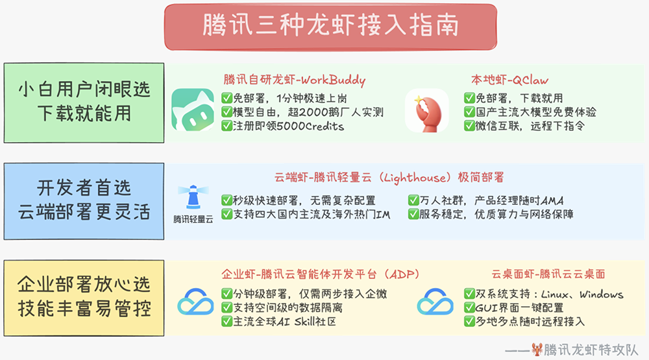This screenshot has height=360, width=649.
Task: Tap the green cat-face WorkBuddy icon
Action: [193, 110]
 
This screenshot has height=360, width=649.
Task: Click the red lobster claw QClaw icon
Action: [426, 110]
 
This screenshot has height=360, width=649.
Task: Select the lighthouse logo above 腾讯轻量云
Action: [193, 197]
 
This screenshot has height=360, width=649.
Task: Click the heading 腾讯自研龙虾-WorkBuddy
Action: [294, 80]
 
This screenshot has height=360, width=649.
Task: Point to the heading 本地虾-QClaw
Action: [509, 80]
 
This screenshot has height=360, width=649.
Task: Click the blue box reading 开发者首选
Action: [84, 201]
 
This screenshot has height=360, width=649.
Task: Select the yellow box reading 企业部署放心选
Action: [84, 296]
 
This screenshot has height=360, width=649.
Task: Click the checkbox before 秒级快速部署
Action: [227, 200]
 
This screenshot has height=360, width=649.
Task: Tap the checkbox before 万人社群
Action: [413, 200]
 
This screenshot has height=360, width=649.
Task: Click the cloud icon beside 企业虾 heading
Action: [195, 302]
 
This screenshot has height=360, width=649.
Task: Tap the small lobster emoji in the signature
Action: [537, 349]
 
